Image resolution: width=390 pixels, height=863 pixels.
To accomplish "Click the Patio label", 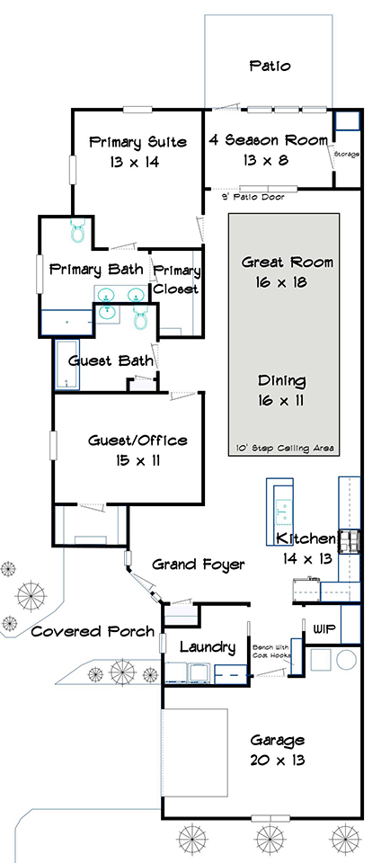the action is pos(270,66).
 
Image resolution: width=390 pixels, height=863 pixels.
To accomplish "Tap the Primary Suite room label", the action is pos(138,142).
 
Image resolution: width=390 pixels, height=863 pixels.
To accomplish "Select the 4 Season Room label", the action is pos(269,140).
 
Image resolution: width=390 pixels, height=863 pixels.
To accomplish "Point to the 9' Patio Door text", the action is pos(253,197).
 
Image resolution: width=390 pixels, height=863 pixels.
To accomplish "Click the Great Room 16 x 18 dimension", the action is pos(281,283).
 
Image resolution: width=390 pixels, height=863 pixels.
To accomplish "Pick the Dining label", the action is pos(281,380).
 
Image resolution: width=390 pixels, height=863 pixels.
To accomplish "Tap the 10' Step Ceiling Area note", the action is pos(283,449).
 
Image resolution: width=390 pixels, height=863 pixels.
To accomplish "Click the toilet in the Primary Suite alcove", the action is pos(77,231).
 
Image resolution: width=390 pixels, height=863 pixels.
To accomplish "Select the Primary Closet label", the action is pos(176,280).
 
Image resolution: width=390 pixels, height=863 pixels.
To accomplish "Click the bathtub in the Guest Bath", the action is pos(66,365).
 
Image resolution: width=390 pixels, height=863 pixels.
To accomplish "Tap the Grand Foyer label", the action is pos(198,565).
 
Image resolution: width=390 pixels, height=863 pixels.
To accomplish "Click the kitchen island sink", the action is pos(284,510).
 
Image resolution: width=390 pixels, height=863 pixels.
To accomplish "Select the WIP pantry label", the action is pos(324,628).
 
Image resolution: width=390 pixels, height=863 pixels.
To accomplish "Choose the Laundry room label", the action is pos(208,647).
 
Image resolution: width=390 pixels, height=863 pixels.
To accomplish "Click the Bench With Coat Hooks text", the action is pos(270,651).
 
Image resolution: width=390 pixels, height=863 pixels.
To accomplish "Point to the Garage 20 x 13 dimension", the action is pos(278,761).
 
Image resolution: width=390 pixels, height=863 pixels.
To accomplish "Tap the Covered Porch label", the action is pos(93,631).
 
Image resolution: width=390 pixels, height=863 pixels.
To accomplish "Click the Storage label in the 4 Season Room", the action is pos(347,155).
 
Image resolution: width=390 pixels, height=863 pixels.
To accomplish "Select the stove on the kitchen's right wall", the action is pos(349,542).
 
